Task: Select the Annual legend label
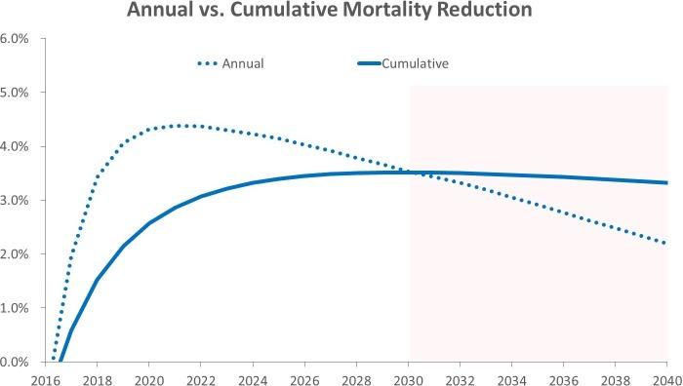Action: [x=244, y=64]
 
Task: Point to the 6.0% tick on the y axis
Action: [x=15, y=39]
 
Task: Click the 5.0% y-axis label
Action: [x=15, y=93]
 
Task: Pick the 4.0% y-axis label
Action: [x=15, y=146]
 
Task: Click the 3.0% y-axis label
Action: [x=15, y=201]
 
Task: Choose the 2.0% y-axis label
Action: [x=15, y=254]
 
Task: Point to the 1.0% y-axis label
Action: [x=15, y=308]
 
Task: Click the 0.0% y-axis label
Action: [x=15, y=362]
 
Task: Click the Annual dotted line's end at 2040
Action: [x=667, y=244]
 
